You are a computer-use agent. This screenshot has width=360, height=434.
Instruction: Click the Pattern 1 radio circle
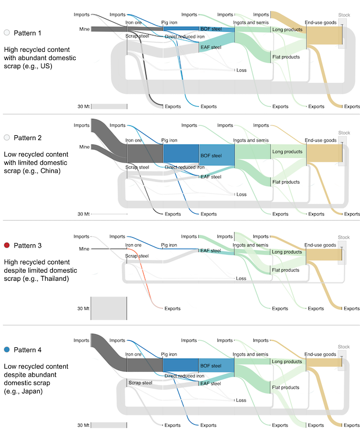(x=7, y=33)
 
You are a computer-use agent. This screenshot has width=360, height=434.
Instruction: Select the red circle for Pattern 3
(x=7, y=245)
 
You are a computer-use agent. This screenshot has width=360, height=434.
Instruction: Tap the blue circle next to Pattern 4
(x=7, y=349)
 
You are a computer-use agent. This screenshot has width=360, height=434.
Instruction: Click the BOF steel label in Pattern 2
(x=211, y=155)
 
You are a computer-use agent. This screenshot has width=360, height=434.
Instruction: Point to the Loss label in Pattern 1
(x=241, y=70)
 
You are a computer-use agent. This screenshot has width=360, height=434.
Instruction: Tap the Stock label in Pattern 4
(x=344, y=347)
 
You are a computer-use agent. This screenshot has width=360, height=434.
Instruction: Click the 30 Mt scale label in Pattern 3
(x=83, y=309)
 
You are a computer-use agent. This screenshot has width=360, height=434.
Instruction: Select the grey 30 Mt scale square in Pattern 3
(x=108, y=309)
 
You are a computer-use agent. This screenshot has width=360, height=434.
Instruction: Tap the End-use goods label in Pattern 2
(x=321, y=140)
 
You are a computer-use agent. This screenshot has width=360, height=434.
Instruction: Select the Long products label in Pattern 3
(x=287, y=252)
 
